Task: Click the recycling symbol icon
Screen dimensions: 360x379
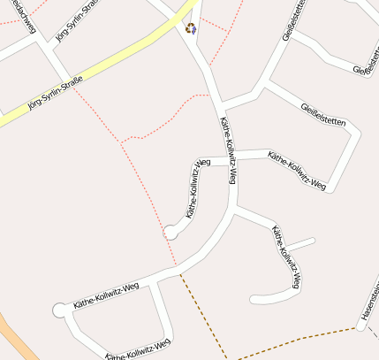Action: tap(191, 28)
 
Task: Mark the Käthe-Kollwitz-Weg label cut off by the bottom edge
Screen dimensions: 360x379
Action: tap(137, 350)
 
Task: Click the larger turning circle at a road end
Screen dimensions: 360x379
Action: tap(60, 310)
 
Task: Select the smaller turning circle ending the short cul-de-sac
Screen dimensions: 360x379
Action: tap(170, 232)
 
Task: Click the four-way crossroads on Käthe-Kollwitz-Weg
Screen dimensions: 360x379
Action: tap(231, 157)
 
